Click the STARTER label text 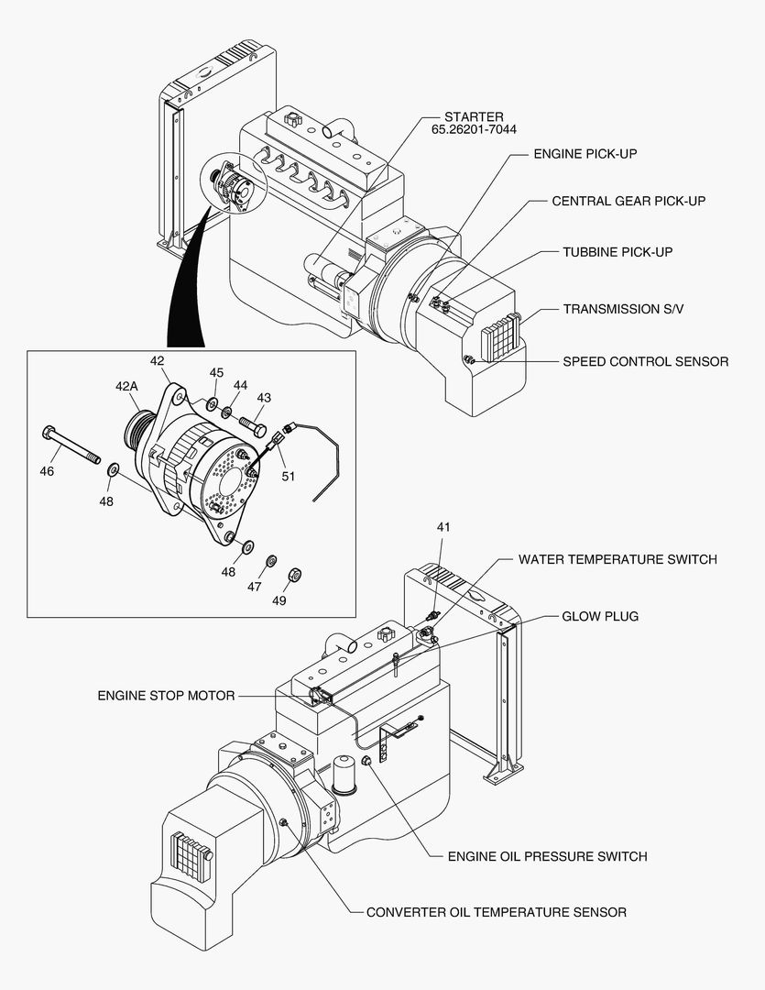(474, 116)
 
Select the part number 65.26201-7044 (474, 130)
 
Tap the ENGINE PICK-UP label (585, 154)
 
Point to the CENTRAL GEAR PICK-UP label (628, 201)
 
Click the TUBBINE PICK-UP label (617, 251)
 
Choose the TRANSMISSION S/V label (623, 310)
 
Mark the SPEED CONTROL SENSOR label (645, 361)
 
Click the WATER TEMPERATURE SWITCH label (617, 559)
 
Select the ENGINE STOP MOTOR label (166, 696)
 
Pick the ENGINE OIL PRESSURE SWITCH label (547, 856)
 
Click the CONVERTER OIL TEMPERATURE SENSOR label (497, 912)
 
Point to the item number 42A (126, 387)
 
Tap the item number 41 (443, 527)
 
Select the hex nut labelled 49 (295, 575)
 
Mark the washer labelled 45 (212, 402)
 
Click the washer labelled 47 (271, 561)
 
